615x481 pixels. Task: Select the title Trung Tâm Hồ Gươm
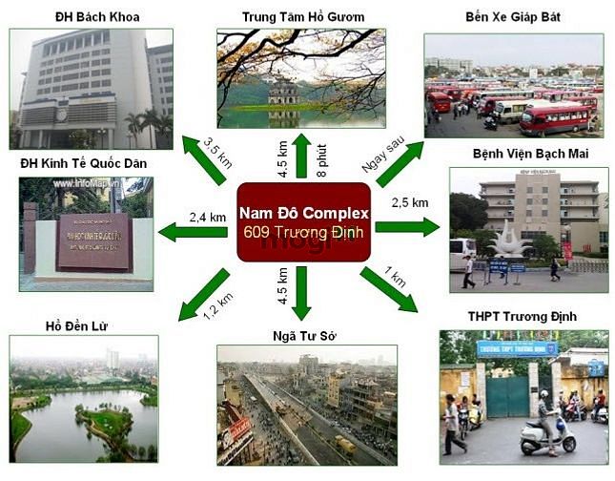302,17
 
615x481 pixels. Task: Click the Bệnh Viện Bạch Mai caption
530,154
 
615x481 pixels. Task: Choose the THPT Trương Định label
523,316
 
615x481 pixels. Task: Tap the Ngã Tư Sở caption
305,335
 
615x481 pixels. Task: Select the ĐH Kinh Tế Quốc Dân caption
84,163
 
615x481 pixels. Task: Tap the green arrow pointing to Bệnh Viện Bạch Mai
407,227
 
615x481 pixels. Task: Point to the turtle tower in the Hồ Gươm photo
282,93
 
